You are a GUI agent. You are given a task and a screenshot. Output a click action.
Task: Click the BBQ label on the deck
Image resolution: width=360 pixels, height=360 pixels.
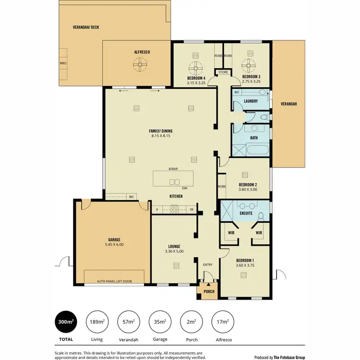click(x=62, y=63)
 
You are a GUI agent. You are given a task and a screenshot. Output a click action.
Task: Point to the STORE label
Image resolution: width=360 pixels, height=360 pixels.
click(x=223, y=72)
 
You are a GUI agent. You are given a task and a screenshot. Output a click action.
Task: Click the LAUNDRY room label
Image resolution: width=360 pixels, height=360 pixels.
click(x=251, y=101)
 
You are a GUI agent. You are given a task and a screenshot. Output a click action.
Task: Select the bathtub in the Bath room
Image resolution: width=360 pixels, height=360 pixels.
click(x=251, y=149)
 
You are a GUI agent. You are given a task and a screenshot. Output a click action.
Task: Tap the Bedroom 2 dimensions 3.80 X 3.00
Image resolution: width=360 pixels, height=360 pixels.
click(x=248, y=190)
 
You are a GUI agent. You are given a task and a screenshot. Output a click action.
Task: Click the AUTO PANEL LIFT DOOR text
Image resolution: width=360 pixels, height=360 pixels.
click(x=114, y=281)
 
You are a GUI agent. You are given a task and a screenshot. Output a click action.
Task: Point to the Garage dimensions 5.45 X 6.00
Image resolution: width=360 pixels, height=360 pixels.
click(x=114, y=245)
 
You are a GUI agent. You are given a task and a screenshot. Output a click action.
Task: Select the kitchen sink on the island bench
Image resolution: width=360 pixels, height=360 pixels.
click(x=174, y=181)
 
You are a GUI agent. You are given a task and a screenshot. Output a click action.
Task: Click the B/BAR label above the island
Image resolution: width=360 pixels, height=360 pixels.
click(x=173, y=169)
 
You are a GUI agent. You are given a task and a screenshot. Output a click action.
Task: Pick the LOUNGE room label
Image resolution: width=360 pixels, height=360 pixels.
click(x=174, y=246)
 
